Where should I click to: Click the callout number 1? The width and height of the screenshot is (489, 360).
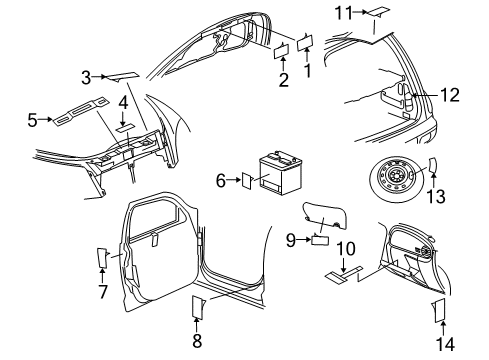click(308, 72)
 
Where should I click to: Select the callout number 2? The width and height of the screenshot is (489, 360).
click(284, 80)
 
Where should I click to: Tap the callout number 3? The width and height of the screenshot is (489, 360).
click(87, 75)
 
